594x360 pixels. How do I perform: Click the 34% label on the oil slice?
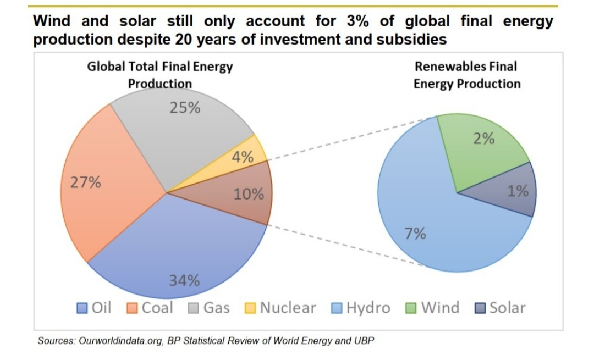pyautogui.click(x=184, y=281)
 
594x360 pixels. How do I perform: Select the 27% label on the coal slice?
pyautogui.click(x=85, y=183)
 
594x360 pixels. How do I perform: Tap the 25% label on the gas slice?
pyautogui.click(x=185, y=108)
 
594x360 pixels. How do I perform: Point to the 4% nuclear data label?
pyautogui.click(x=242, y=158)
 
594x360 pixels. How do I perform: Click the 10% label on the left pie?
pyautogui.click(x=249, y=195)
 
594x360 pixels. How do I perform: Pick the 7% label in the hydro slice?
pyautogui.click(x=415, y=234)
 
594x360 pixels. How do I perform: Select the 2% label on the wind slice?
pyautogui.click(x=484, y=139)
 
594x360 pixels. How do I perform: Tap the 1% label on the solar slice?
pyautogui.click(x=518, y=191)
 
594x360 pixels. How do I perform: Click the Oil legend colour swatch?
pyautogui.click(x=82, y=308)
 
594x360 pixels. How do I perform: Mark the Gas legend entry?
pyautogui.click(x=210, y=308)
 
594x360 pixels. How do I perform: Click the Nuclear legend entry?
pyautogui.click(x=280, y=308)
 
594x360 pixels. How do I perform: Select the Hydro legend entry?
pyautogui.click(x=361, y=308)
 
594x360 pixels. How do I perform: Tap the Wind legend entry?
pyautogui.click(x=433, y=308)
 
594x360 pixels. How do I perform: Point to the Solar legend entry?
pyautogui.click(x=500, y=308)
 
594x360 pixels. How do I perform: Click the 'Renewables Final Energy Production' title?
pyautogui.click(x=466, y=75)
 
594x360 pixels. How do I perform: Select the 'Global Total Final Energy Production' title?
pyautogui.click(x=160, y=75)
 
